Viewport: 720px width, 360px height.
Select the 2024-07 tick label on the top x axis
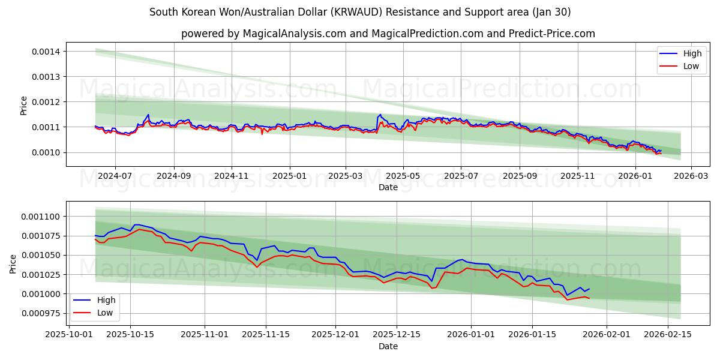coord(115,176)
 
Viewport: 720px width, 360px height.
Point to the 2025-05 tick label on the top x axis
coord(403,176)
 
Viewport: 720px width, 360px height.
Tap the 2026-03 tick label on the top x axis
coord(691,176)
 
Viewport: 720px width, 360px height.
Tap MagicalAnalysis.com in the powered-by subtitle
coord(294,34)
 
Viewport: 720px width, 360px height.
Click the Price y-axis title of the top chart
coord(24,105)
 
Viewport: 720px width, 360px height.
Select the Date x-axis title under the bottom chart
coord(388,346)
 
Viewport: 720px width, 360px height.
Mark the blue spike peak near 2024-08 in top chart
coord(148,115)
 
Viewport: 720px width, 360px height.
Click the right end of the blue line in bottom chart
coord(589,289)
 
